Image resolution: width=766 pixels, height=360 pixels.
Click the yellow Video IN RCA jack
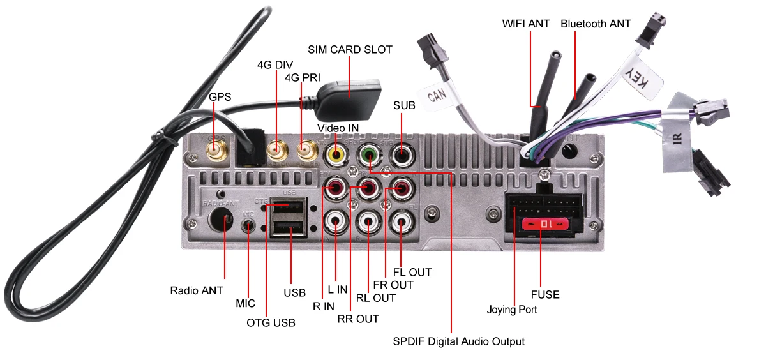[336, 154]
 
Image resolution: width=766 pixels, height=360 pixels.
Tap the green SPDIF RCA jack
[369, 154]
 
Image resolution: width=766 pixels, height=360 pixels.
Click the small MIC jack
[249, 225]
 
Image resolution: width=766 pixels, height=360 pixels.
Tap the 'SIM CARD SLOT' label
[350, 49]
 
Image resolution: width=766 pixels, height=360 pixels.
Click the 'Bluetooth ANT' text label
[596, 24]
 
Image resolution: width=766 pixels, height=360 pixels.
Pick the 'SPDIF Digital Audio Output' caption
[458, 341]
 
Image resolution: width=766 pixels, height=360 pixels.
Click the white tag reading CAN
[437, 95]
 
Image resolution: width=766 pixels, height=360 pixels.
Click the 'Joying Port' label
[512, 310]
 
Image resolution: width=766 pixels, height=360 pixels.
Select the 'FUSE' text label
[545, 294]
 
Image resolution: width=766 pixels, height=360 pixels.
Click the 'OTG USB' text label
[271, 322]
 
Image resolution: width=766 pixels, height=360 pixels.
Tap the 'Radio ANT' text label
[197, 290]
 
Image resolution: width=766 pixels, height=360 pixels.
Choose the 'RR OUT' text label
[358, 319]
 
